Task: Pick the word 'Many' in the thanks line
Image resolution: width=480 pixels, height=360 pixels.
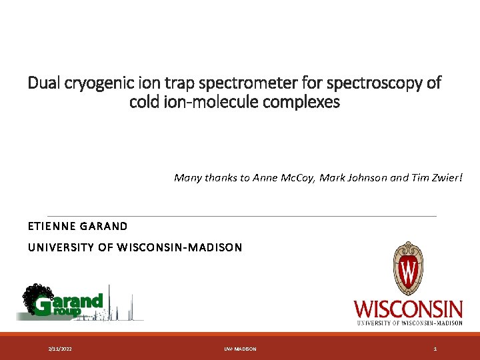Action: point(187,177)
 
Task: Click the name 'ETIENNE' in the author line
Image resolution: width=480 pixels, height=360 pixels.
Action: point(51,226)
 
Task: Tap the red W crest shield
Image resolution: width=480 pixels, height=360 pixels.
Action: point(408,271)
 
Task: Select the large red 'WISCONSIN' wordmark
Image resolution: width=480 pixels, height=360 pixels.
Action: point(408,309)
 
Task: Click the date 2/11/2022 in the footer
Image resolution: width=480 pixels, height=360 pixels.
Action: point(61,349)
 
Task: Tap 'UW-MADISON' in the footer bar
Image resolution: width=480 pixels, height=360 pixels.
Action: point(240,349)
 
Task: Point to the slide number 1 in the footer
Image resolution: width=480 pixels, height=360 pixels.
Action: point(435,349)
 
